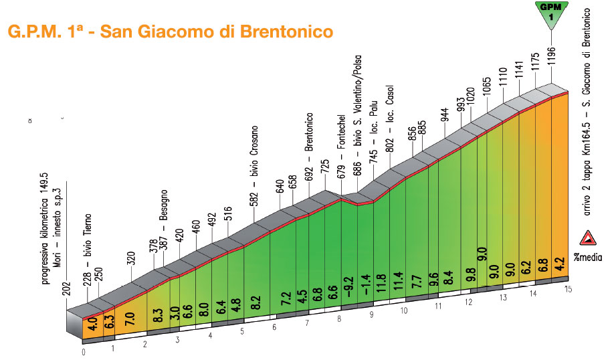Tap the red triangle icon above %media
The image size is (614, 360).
589,240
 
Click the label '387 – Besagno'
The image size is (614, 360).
163,227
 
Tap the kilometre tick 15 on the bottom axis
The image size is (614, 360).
568,288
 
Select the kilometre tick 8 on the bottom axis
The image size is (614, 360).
340,319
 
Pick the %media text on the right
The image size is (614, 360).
589,256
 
